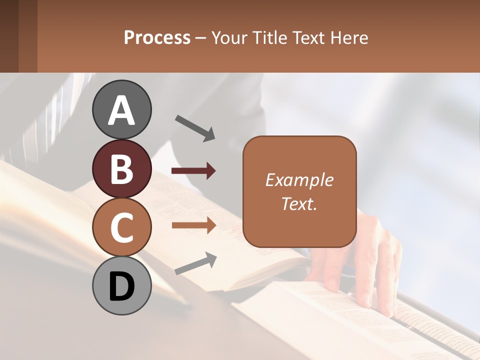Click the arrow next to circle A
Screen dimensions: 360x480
(x=194, y=127)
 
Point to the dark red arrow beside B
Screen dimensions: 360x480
(x=193, y=171)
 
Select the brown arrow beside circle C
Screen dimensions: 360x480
(x=193, y=225)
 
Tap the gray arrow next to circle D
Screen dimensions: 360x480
(x=195, y=263)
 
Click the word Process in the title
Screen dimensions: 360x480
(x=157, y=38)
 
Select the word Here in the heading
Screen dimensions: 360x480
(x=348, y=38)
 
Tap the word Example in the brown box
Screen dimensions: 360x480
(x=299, y=180)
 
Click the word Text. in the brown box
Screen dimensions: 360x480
(x=299, y=203)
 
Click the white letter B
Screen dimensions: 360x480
(x=121, y=169)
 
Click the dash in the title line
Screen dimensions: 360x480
(x=201, y=38)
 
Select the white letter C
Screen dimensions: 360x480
(x=121, y=227)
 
